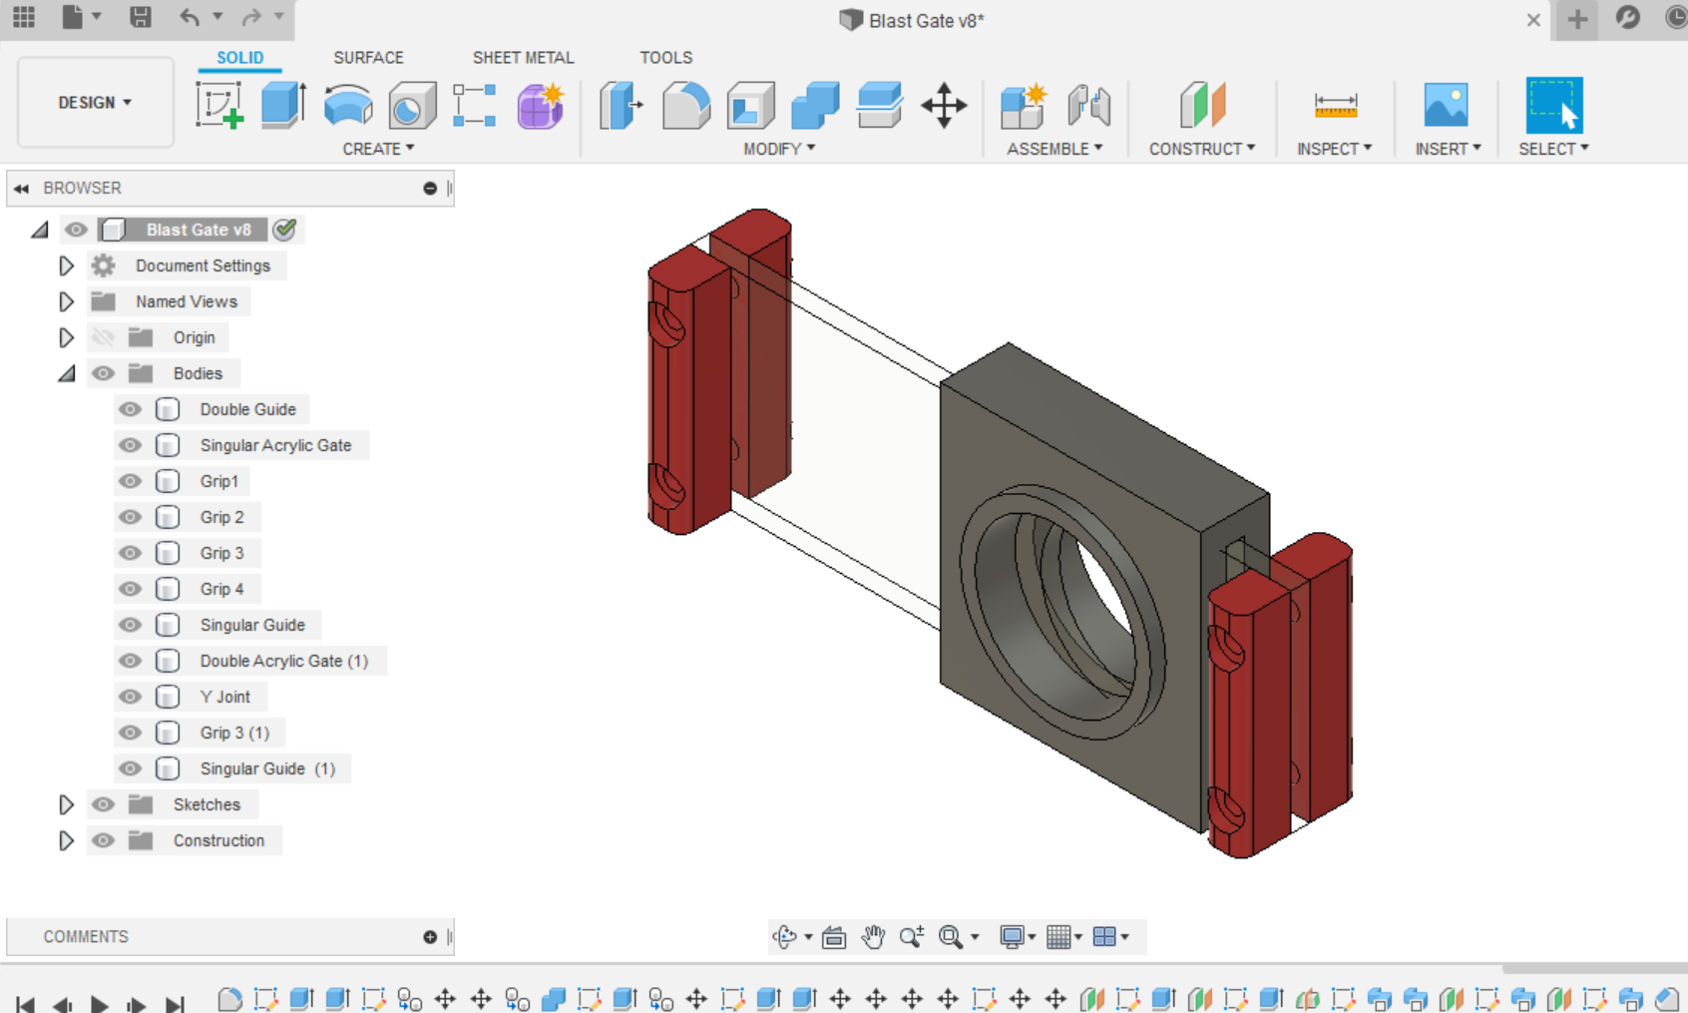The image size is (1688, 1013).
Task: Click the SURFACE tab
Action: [368, 58]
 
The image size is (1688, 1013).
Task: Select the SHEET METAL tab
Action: [523, 58]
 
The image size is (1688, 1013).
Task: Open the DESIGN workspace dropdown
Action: [95, 103]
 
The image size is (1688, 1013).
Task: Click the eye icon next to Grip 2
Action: [130, 517]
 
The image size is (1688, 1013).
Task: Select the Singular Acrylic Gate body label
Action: [275, 445]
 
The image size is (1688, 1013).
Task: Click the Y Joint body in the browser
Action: [224, 697]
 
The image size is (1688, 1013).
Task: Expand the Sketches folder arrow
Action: [66, 804]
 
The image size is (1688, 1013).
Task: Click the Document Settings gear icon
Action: [103, 265]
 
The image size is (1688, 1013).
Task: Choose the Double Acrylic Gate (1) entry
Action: [283, 661]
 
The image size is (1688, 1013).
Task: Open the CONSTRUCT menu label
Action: [1201, 149]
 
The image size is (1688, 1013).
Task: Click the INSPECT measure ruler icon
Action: [1335, 105]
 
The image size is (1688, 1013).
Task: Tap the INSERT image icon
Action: [1446, 105]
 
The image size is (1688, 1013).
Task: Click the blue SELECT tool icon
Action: [1553, 105]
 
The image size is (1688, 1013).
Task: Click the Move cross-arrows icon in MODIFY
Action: [943, 105]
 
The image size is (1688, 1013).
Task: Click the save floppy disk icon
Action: [140, 17]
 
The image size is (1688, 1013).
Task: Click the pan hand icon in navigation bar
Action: [873, 936]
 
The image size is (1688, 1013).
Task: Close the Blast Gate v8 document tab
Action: [1533, 20]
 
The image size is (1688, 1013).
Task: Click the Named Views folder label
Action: [187, 301]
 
